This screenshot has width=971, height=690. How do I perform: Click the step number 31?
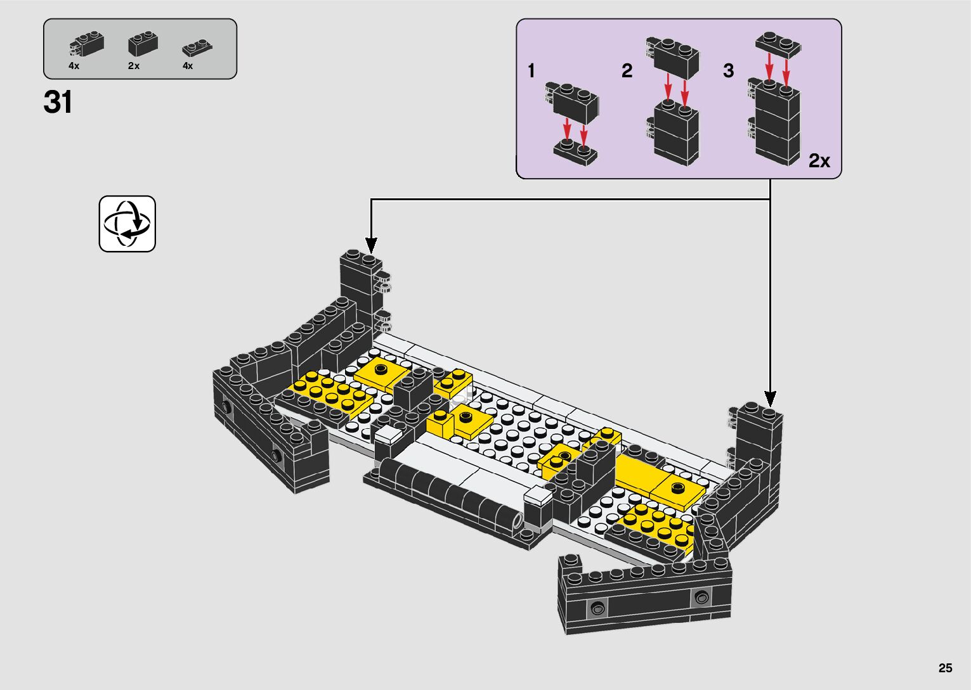[x=58, y=103]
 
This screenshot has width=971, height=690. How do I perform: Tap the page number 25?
[x=945, y=668]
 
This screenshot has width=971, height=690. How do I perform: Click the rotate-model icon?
[x=127, y=224]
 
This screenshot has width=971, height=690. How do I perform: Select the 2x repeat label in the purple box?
[x=819, y=161]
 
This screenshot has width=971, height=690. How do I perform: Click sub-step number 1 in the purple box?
[x=531, y=70]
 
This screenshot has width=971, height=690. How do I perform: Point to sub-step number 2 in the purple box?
[x=627, y=70]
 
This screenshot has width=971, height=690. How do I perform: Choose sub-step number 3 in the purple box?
[x=728, y=70]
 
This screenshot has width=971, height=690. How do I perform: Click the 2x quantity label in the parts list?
[x=134, y=66]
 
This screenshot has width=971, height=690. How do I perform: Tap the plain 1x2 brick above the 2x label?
[x=143, y=44]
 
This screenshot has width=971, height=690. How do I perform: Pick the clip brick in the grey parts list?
[x=86, y=44]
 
